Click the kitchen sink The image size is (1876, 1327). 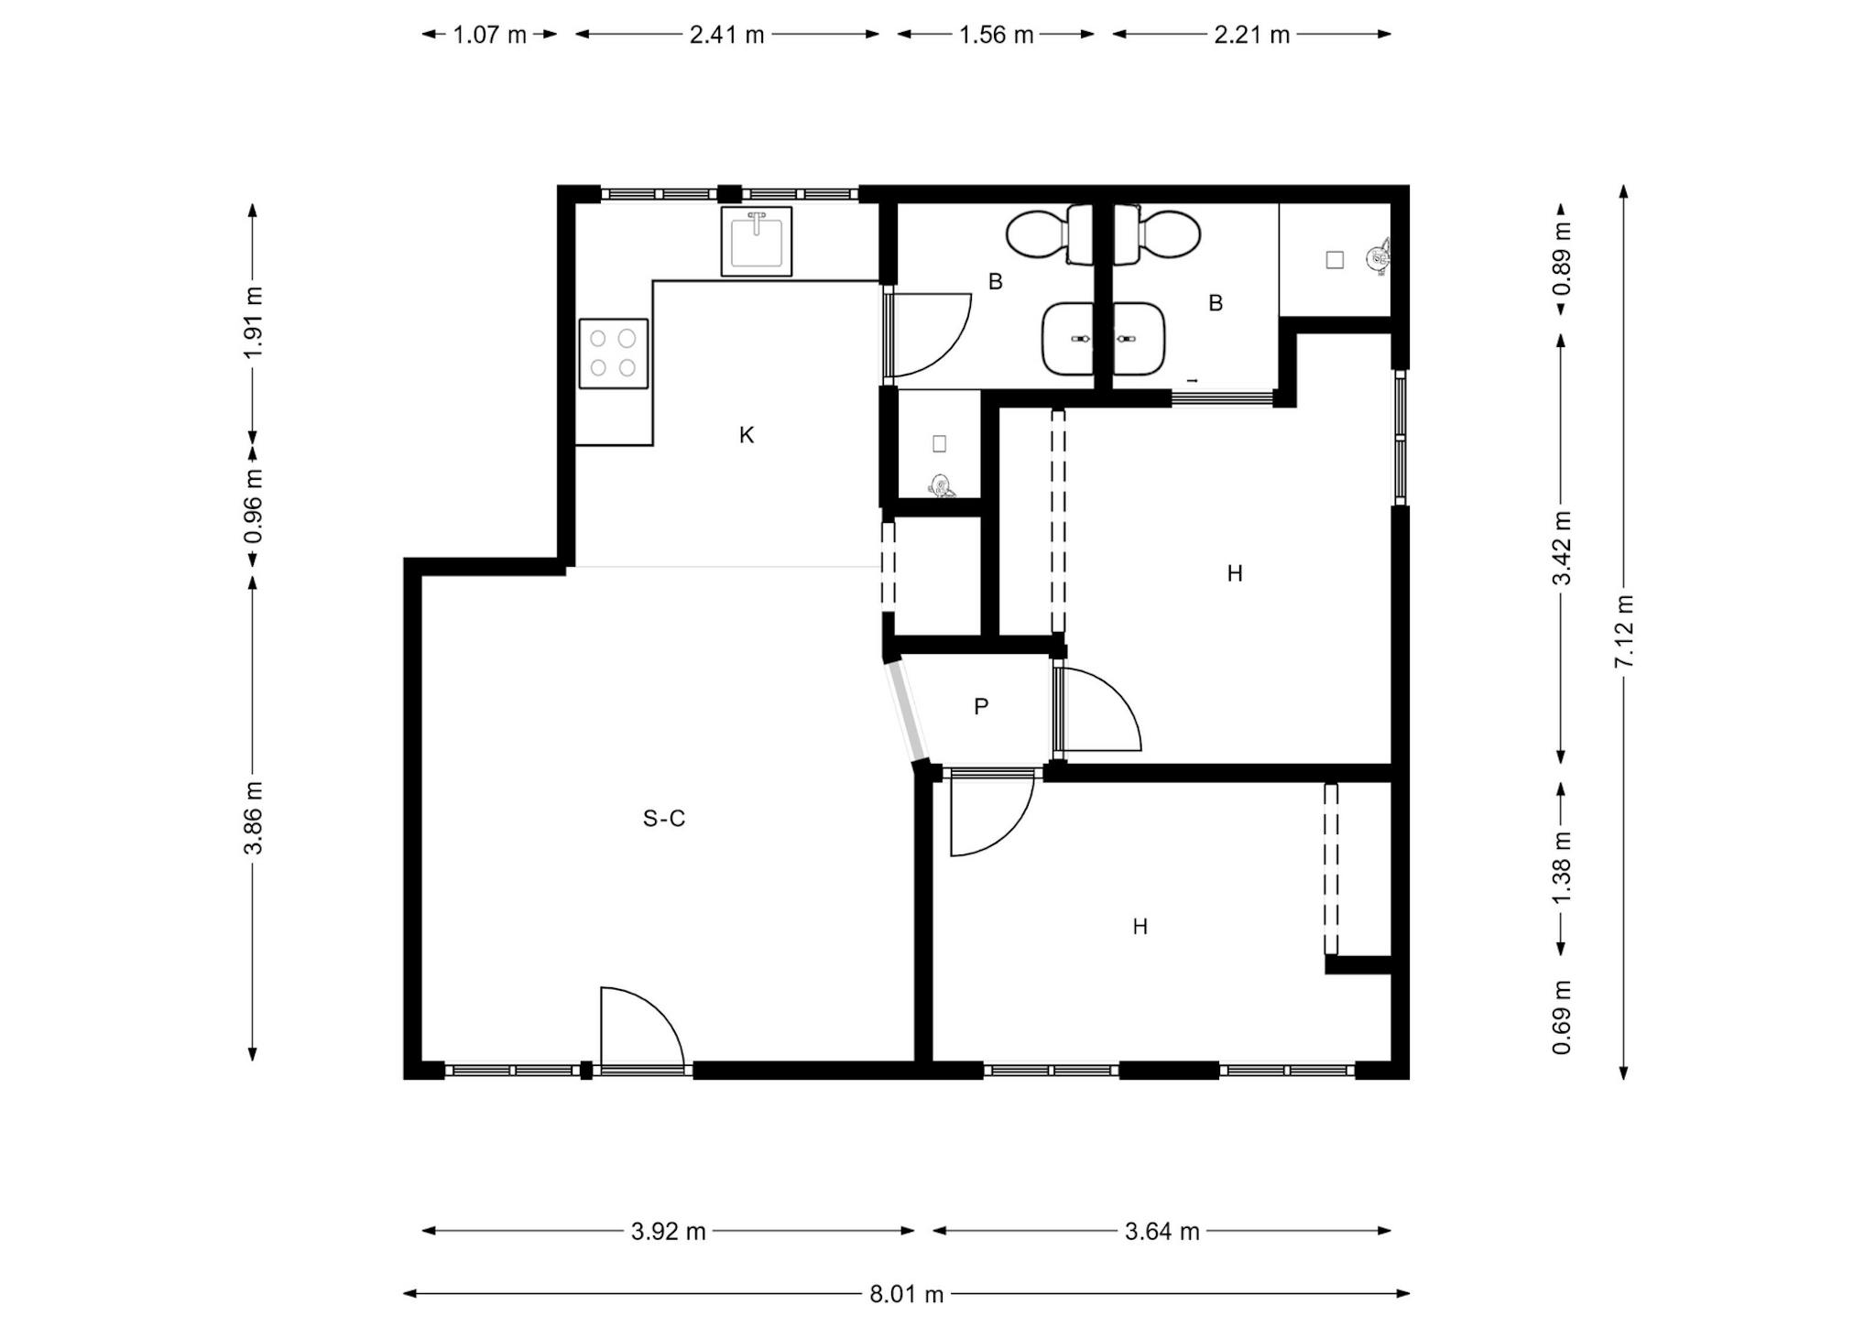756,241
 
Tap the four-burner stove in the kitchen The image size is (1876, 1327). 613,353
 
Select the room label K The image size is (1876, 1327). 747,435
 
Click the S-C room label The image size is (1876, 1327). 664,818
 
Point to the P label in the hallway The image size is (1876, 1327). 981,706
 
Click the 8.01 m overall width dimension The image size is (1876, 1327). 906,1294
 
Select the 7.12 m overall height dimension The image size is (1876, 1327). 1623,631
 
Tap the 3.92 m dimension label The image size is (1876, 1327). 668,1232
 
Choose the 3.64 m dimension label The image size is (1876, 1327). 1162,1232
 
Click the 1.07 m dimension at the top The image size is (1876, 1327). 490,35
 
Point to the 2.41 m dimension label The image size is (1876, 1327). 726,35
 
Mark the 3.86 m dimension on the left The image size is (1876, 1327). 253,818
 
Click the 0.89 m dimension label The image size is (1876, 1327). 1562,259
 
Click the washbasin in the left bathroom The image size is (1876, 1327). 1069,339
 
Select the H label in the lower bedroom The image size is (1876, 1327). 1140,927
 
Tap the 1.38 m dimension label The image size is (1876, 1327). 1562,866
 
